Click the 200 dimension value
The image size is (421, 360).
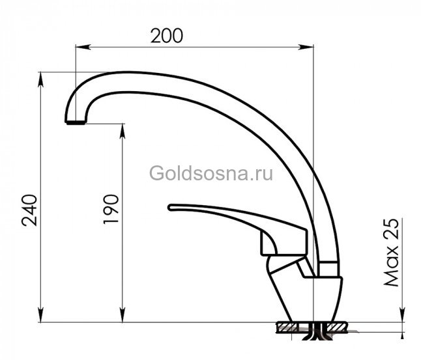coord(167,35)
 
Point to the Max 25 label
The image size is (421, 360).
coord(391,253)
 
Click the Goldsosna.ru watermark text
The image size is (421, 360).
coord(211,174)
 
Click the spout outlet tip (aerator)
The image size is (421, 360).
coord(75,121)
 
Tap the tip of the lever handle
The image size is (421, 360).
coord(171,208)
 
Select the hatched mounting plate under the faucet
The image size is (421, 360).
coord(313,325)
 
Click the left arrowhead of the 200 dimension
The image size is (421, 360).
coord(80,46)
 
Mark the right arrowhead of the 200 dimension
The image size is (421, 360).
coord(309,46)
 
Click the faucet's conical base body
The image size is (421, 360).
coord(306,296)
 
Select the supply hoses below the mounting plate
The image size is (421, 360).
coord(315,337)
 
